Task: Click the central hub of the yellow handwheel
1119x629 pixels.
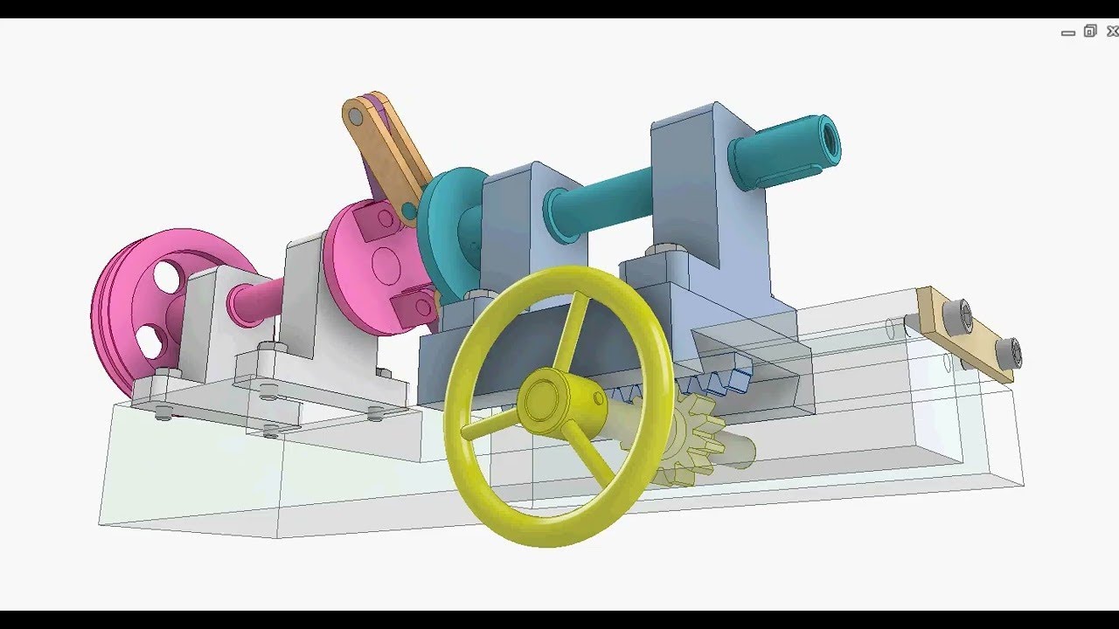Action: click(x=545, y=400)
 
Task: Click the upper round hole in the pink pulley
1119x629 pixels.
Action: click(x=165, y=277)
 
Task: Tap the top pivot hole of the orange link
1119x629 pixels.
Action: click(x=356, y=115)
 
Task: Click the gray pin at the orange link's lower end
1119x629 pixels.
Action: click(x=407, y=211)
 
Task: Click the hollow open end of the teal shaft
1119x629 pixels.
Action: click(x=826, y=138)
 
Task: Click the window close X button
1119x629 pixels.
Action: click(x=1112, y=31)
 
